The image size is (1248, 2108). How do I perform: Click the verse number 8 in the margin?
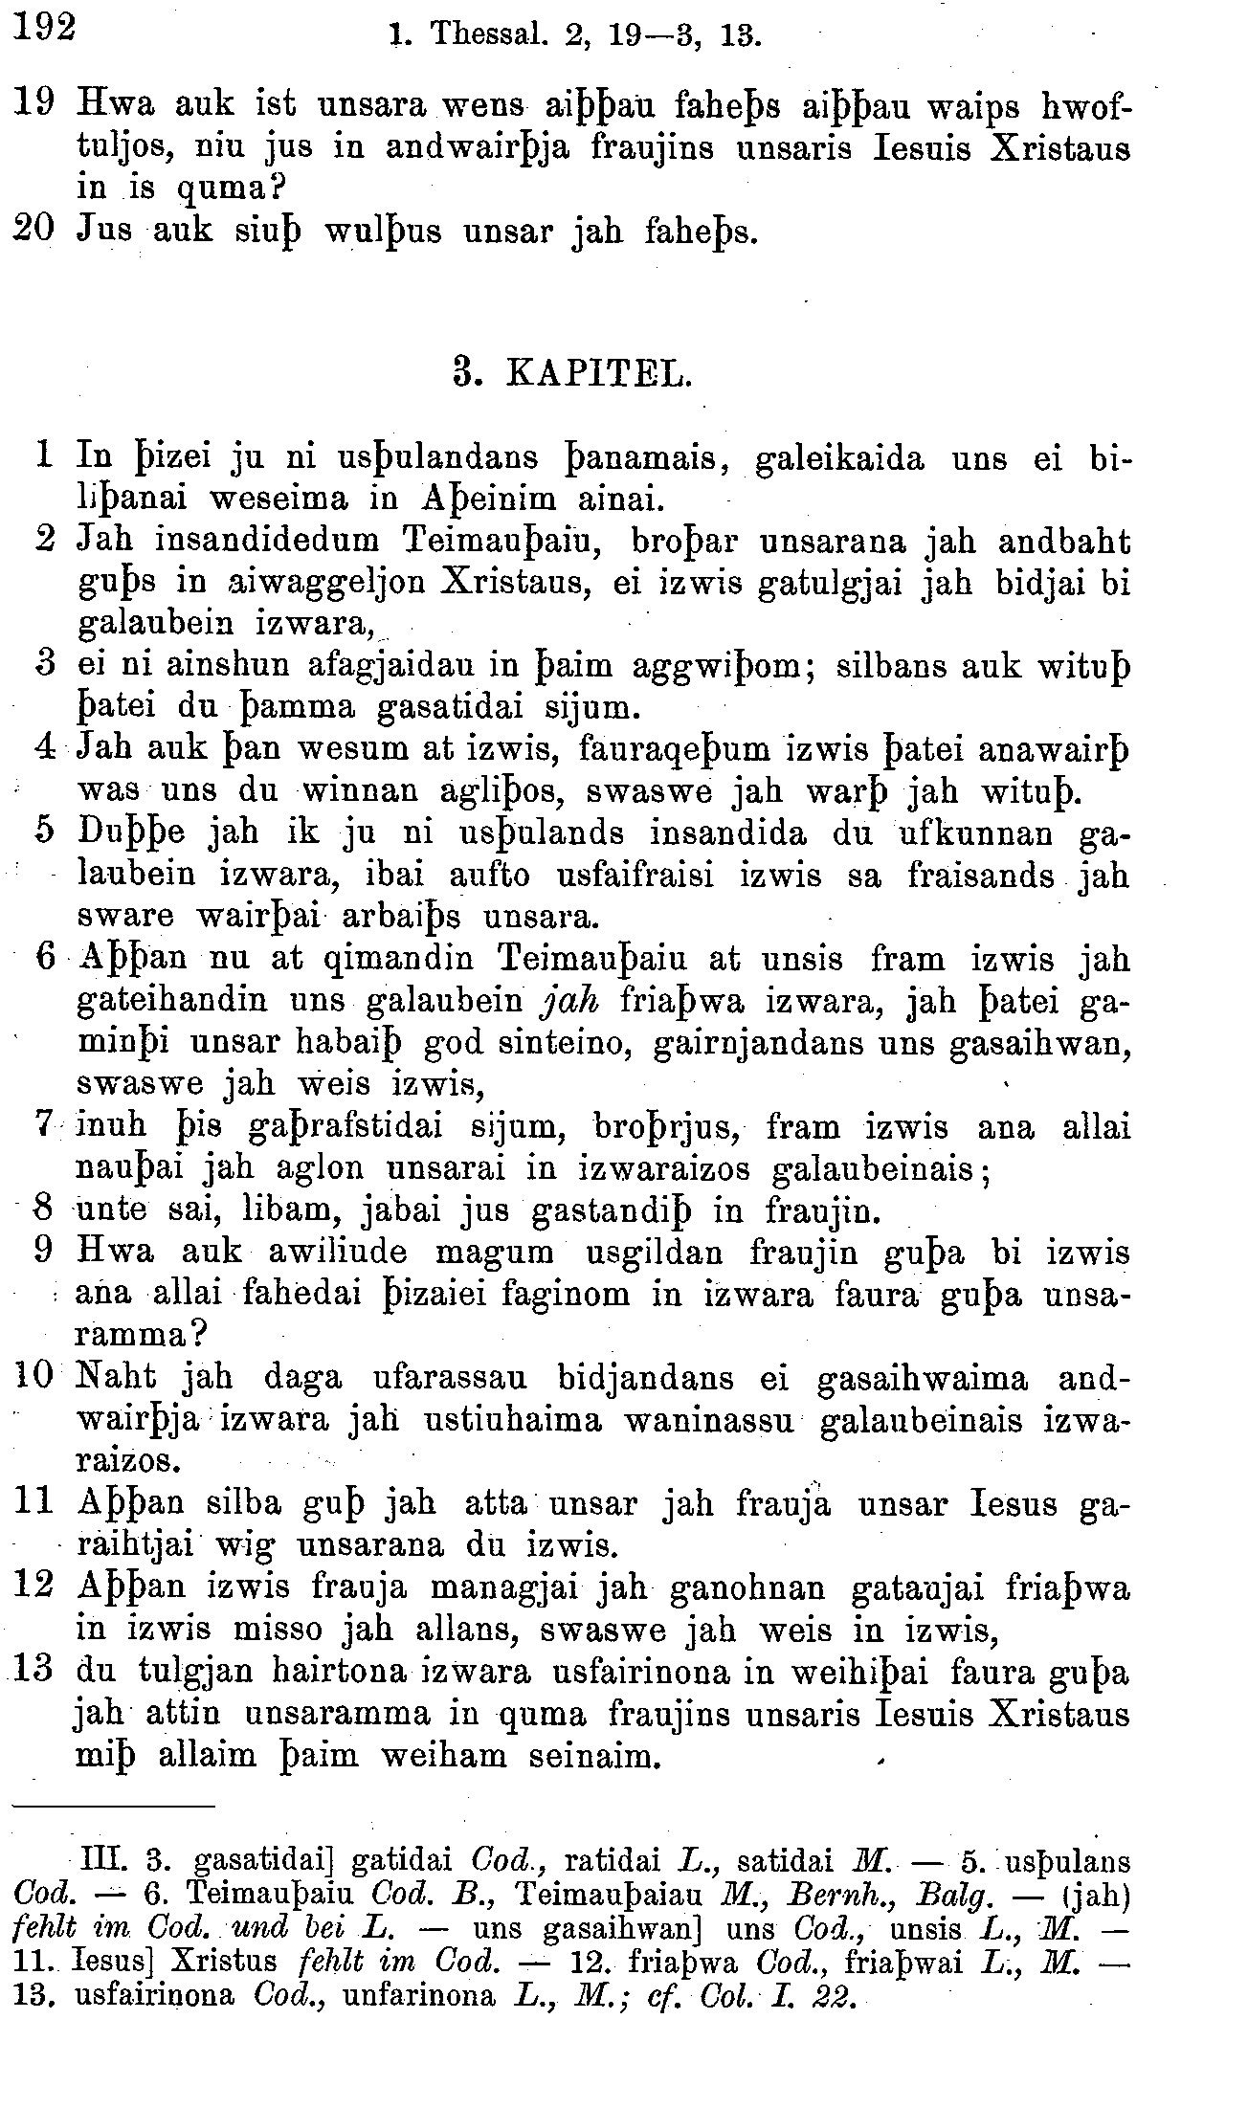(41, 1210)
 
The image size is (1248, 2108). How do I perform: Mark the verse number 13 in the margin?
(33, 1672)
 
